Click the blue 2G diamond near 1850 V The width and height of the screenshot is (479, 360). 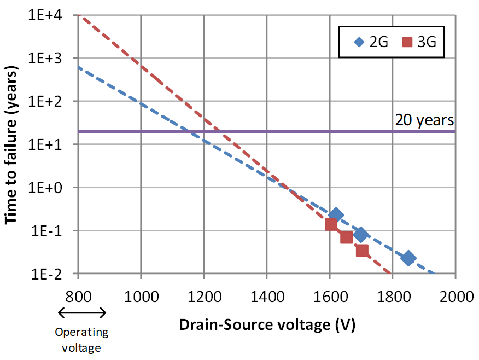408,258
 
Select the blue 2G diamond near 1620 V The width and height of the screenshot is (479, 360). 336,215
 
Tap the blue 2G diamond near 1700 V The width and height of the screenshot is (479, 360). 361,235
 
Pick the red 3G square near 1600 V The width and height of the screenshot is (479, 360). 331,224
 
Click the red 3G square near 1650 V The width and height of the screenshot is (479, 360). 346,237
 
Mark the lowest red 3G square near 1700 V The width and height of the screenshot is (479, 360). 362,251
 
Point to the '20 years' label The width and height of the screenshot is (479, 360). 425,120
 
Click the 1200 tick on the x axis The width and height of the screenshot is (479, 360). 203,297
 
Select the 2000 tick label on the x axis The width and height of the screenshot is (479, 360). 455,297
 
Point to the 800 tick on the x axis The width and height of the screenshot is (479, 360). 78,297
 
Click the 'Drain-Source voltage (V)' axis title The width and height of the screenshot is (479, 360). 267,325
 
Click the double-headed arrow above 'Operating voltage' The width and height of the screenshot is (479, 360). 81,313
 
